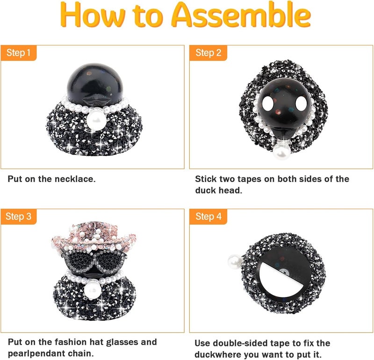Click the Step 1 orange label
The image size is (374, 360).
(x=19, y=53)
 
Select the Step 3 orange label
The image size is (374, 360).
(x=19, y=216)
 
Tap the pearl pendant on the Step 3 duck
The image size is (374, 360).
(x=93, y=289)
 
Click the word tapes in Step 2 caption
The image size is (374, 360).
(x=248, y=179)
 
